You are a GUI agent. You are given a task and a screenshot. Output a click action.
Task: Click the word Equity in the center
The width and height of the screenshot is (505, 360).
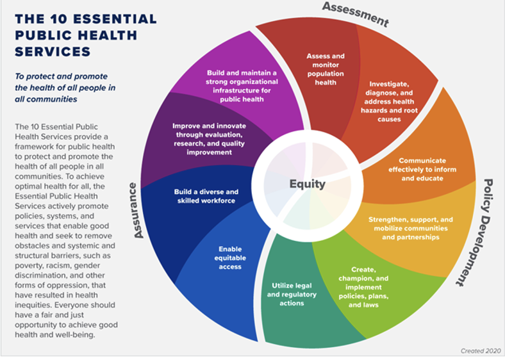pos(307,184)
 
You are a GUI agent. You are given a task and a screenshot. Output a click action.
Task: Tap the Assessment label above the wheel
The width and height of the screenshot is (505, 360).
pos(355,13)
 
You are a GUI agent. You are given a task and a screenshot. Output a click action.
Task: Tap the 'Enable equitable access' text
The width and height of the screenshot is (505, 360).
pos(229,257)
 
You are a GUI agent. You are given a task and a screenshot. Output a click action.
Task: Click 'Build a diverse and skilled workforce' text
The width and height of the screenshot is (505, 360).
pos(206,196)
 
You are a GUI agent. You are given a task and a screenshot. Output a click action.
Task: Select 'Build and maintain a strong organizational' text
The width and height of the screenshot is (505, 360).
pos(242,86)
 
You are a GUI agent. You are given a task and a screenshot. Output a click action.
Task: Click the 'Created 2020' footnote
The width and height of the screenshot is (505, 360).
pos(480,351)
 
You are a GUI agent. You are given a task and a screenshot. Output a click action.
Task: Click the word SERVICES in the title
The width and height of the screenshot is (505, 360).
pos(53,51)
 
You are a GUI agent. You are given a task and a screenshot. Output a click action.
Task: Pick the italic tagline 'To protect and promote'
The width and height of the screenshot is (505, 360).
pos(62,76)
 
